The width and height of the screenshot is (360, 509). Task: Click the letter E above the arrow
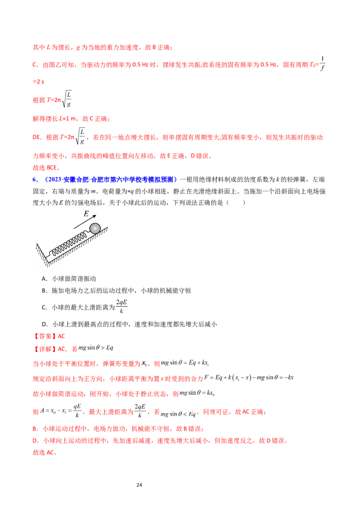click(x=86, y=214)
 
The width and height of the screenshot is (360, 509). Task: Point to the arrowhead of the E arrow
click(x=95, y=217)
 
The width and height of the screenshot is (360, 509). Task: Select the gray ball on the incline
click(x=95, y=228)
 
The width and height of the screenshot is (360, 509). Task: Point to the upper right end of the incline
click(x=107, y=228)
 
